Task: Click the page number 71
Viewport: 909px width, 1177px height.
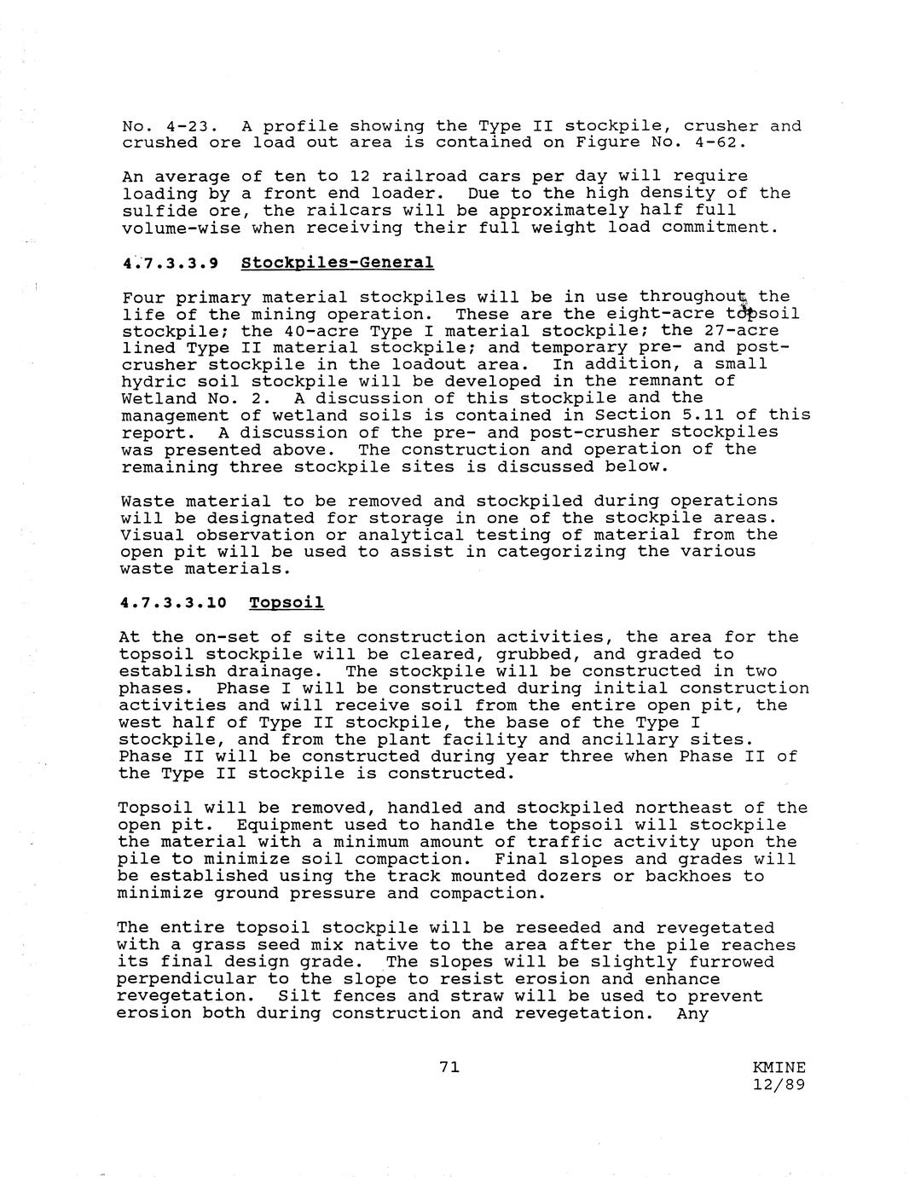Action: coord(449,1066)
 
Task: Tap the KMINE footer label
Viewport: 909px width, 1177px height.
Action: coord(779,1068)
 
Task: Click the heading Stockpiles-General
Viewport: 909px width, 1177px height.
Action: coord(337,262)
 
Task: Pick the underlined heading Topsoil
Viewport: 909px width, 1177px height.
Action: coord(286,603)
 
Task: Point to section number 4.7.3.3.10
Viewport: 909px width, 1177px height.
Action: coord(173,603)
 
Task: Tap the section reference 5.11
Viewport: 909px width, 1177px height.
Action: coord(699,415)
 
